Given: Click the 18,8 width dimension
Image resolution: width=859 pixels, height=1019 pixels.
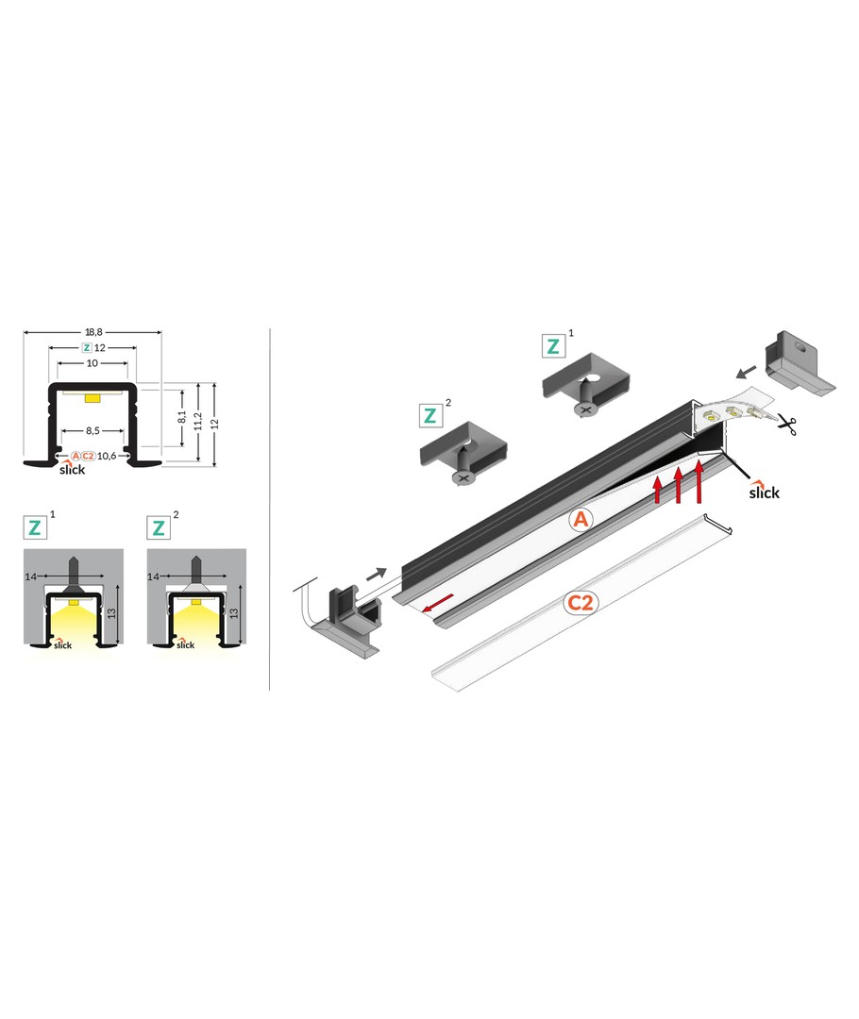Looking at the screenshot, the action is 93,332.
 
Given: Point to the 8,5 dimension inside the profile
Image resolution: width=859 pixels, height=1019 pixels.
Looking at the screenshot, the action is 93,431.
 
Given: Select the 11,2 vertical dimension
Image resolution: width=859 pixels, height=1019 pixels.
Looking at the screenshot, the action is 198,421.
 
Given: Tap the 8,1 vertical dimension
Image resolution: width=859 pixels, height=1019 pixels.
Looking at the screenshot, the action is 182,417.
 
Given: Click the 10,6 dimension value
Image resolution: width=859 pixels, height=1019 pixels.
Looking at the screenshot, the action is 107,457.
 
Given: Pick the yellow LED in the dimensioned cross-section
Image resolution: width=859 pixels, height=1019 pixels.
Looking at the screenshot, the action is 93,396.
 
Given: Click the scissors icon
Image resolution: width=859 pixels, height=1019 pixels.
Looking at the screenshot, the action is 787,426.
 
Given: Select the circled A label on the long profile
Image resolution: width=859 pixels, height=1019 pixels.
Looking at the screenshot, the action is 581,519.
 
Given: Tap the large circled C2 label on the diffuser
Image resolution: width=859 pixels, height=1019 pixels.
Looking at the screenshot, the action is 580,603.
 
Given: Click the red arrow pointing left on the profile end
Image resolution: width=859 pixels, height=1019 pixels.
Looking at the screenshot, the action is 438,603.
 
